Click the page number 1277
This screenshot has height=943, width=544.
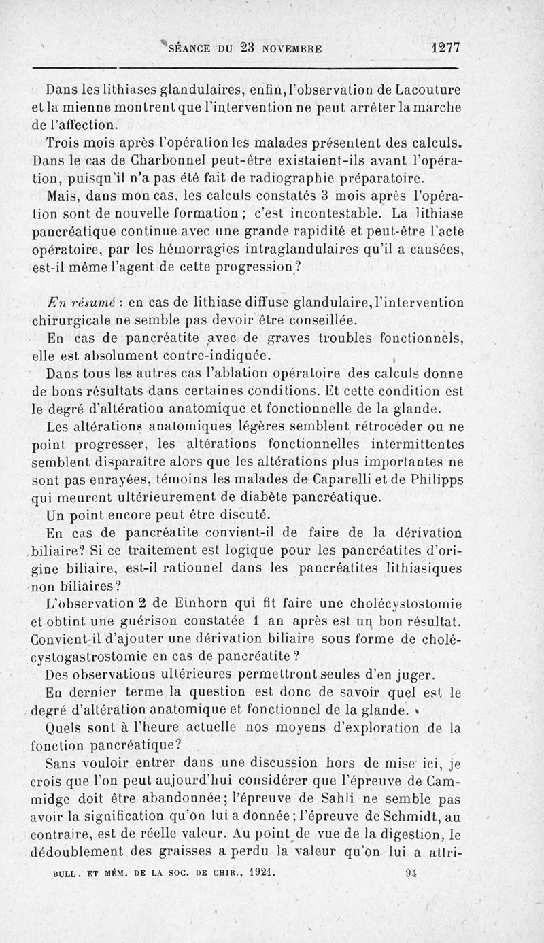tap(446, 48)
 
